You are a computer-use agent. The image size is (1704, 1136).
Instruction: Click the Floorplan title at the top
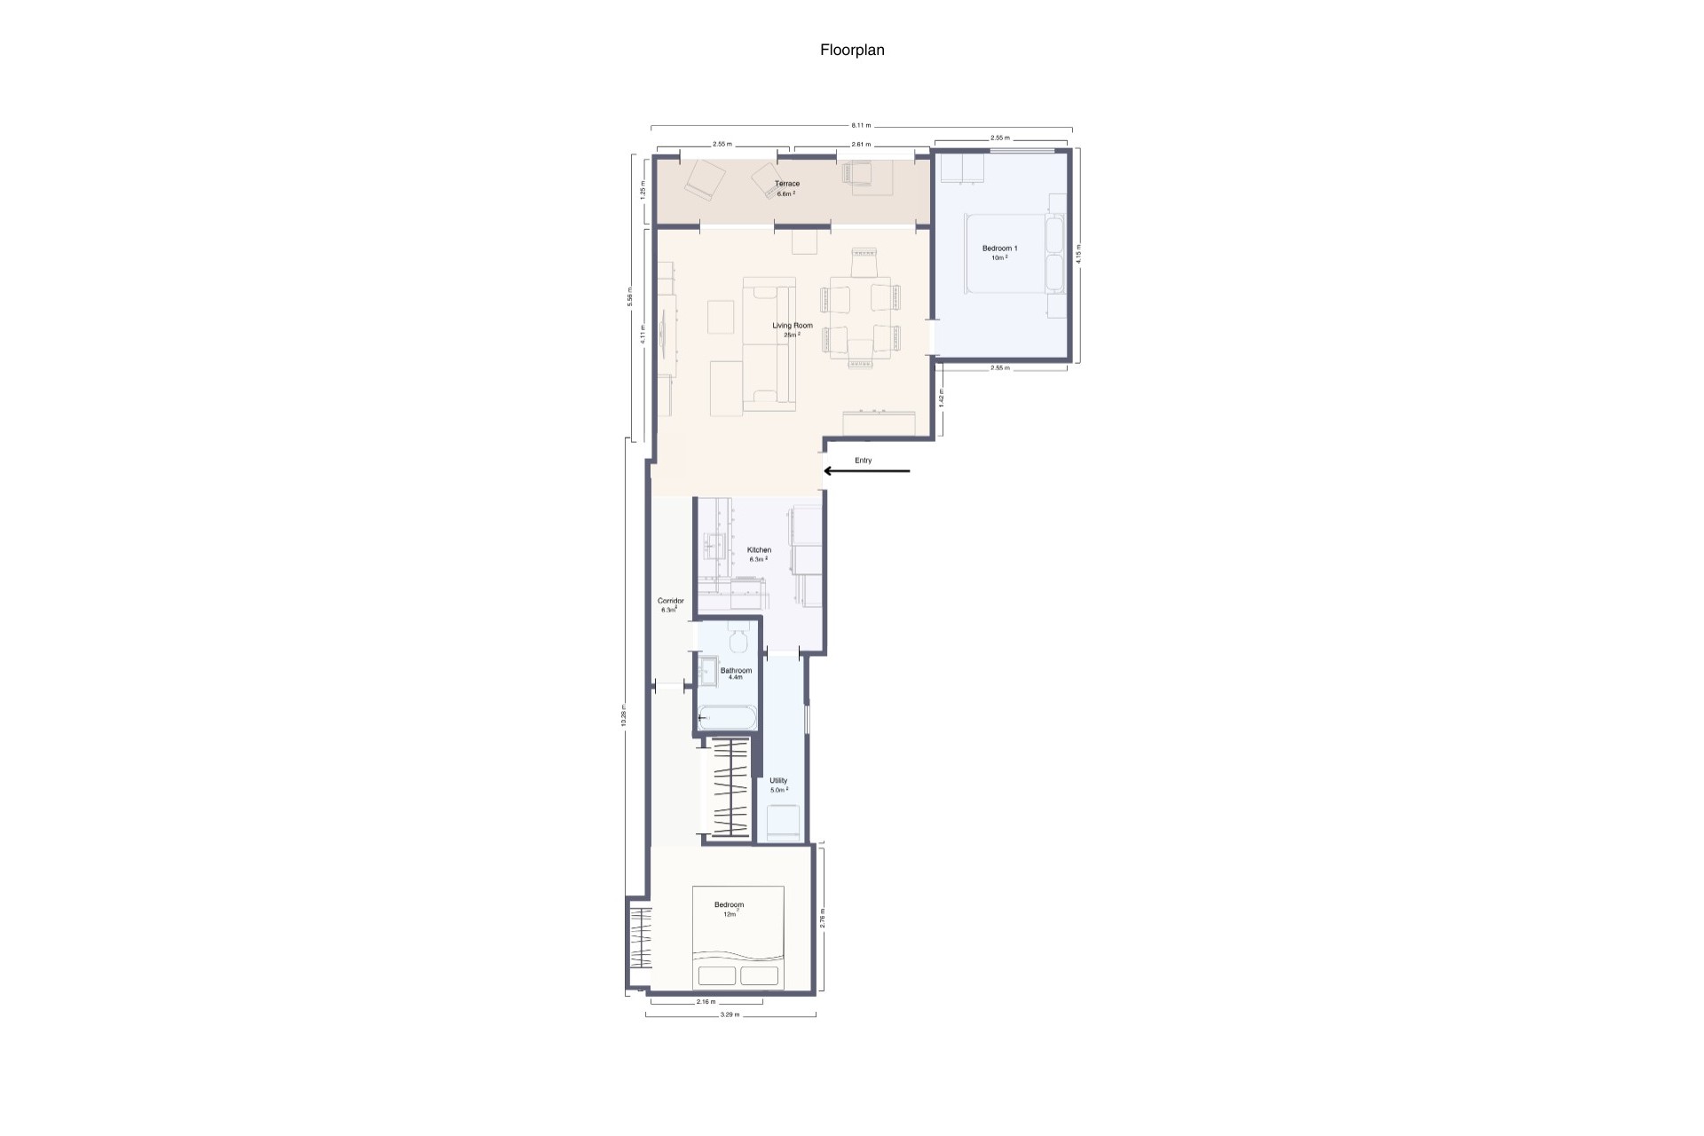click(852, 51)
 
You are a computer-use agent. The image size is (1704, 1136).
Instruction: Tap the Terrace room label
click(787, 184)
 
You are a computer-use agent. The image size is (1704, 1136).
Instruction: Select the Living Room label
click(793, 326)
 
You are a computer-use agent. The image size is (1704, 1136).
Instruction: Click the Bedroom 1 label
click(999, 248)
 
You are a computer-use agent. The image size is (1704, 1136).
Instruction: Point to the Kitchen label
click(759, 550)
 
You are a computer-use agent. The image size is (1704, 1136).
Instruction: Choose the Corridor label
click(670, 601)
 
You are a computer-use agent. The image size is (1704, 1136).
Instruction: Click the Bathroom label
click(736, 670)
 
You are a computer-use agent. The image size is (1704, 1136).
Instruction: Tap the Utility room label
click(778, 781)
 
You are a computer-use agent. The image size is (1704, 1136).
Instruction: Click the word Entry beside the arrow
click(864, 461)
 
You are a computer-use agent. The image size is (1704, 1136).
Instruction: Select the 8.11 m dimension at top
click(862, 125)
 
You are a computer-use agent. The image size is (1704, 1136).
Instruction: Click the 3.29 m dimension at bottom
click(730, 1014)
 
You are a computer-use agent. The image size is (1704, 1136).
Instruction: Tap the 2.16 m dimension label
click(706, 1002)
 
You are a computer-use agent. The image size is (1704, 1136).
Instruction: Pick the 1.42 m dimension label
click(942, 399)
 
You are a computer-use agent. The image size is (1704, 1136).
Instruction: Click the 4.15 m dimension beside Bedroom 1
click(1078, 254)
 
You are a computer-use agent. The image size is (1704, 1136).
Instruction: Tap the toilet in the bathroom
click(738, 637)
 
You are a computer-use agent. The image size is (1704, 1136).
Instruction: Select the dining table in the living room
click(861, 318)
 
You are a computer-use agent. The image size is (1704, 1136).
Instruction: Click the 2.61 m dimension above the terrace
click(861, 144)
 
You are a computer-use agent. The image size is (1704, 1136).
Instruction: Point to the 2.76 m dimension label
click(823, 918)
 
